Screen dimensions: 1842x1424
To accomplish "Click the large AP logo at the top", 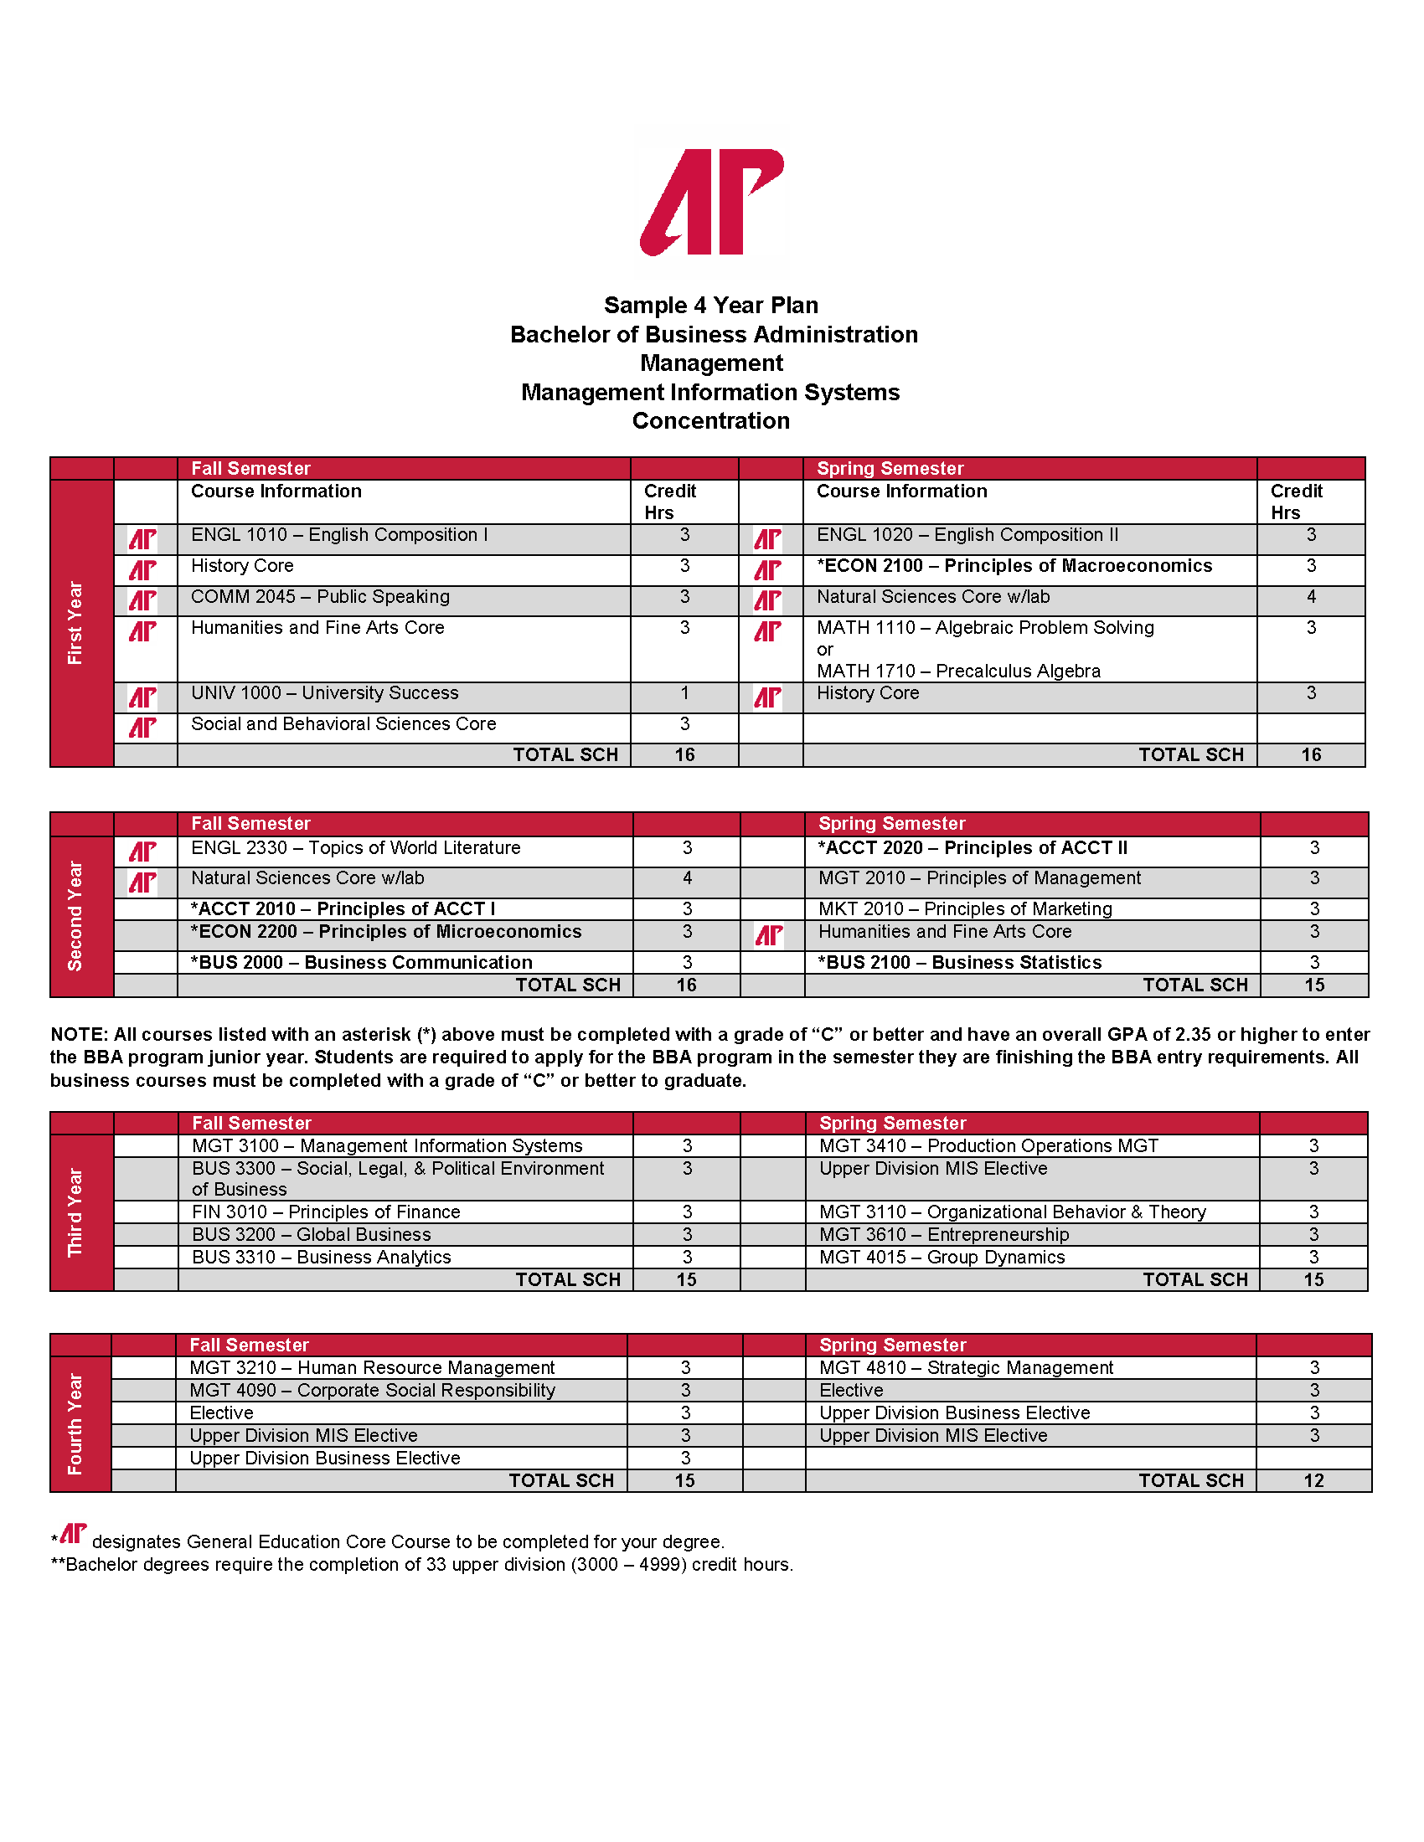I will [x=712, y=202].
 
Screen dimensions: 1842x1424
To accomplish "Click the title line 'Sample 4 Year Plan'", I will [x=711, y=306].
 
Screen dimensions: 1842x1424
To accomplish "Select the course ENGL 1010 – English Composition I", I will [x=339, y=536].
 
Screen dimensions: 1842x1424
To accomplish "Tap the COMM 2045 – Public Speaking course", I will [x=320, y=597].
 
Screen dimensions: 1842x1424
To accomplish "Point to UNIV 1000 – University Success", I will [x=324, y=693].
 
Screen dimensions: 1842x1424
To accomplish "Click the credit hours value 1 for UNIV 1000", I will [x=684, y=693].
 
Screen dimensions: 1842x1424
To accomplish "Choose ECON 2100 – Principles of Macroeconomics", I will [x=1014, y=566].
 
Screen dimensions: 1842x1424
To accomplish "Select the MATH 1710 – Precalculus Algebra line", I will [x=958, y=671].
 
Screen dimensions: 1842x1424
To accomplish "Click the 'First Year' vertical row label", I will [x=75, y=623].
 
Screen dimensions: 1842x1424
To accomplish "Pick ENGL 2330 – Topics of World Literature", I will [x=355, y=848].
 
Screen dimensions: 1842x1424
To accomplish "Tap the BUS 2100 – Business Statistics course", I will [x=959, y=963].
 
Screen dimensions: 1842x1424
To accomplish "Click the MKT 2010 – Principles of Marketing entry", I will [x=965, y=909].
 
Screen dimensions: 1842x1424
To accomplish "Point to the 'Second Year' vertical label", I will [x=75, y=916].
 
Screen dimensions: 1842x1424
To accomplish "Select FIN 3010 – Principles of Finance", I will [x=326, y=1213].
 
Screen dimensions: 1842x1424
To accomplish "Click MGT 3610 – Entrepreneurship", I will [x=944, y=1236].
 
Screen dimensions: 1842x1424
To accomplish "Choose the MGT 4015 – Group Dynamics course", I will [x=942, y=1258].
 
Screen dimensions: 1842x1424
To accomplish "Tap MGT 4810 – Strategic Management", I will [x=966, y=1368].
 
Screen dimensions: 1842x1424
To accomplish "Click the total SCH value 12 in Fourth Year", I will [x=1313, y=1481].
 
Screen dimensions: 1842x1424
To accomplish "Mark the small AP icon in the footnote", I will [x=74, y=1534].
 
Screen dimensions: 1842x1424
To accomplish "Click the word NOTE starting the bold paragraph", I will [x=79, y=1035].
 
